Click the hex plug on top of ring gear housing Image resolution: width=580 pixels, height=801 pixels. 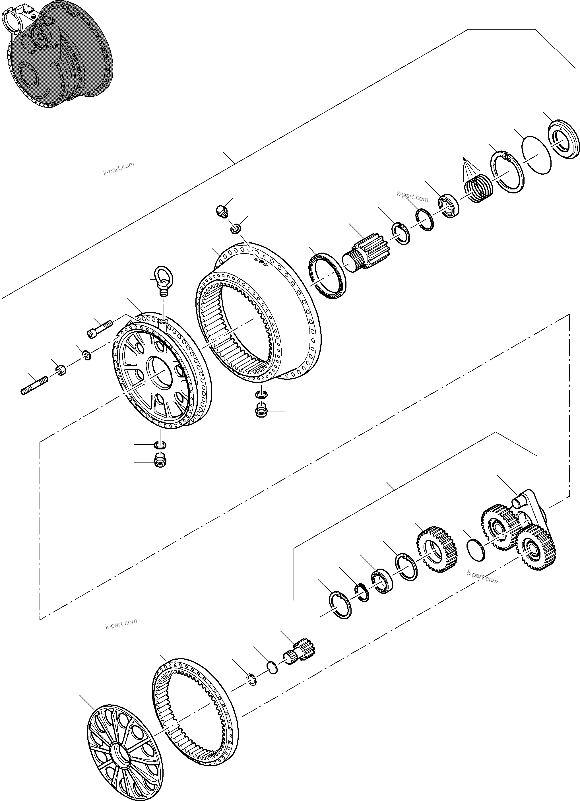[222, 211]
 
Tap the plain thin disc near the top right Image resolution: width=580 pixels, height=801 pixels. [536, 155]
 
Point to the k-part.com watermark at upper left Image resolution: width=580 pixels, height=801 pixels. [119, 168]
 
